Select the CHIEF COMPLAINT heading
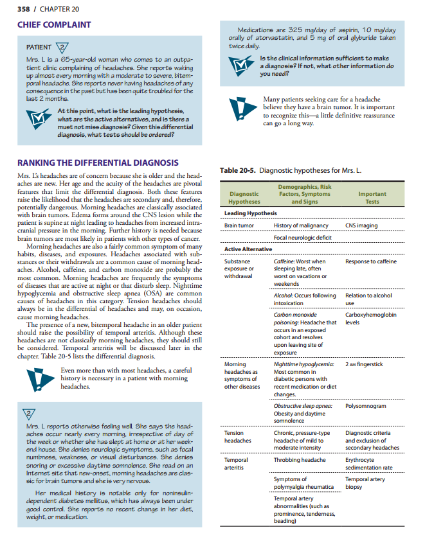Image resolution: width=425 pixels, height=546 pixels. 54,25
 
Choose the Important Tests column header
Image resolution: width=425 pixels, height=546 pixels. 372,197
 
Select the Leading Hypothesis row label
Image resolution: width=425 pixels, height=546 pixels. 251,213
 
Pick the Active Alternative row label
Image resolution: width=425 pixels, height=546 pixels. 248,249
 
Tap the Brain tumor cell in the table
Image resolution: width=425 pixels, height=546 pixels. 239,225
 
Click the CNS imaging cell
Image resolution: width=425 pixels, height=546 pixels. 361,225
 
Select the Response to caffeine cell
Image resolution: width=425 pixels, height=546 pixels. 371,261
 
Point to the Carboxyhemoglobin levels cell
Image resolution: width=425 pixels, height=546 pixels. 370,319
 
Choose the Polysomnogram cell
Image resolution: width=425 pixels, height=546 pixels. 365,406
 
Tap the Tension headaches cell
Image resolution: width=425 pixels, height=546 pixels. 238,437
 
